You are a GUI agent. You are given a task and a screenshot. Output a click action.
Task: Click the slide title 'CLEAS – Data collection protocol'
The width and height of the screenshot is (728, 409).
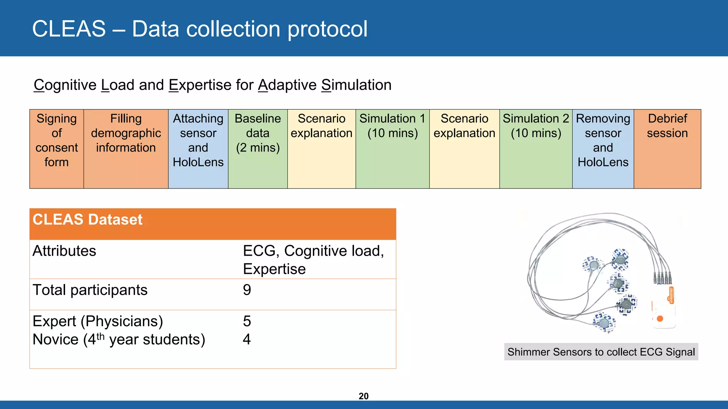pyautogui.click(x=200, y=29)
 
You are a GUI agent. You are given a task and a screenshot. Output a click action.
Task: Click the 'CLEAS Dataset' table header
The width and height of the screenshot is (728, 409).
pyautogui.click(x=87, y=220)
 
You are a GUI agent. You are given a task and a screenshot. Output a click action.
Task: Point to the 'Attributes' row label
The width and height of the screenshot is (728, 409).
pyautogui.click(x=64, y=251)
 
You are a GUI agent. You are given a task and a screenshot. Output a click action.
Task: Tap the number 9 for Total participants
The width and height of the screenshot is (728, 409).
pyautogui.click(x=247, y=290)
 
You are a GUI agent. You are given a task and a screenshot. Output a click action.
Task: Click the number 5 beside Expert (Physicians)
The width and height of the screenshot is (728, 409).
pyautogui.click(x=247, y=321)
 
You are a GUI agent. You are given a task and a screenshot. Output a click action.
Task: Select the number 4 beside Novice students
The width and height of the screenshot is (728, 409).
pyautogui.click(x=247, y=339)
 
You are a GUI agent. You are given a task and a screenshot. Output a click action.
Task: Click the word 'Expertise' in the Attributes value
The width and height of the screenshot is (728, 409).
pyautogui.click(x=274, y=269)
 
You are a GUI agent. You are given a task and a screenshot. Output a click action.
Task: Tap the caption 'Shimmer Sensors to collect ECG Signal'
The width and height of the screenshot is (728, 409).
pyautogui.click(x=601, y=352)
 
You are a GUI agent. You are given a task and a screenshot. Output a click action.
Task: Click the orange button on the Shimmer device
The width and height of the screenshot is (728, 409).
pyautogui.click(x=660, y=318)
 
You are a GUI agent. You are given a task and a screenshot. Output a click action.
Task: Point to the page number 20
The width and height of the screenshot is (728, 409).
pyautogui.click(x=363, y=396)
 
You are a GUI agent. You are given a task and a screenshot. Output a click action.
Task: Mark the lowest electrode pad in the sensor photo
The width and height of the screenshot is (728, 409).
pyautogui.click(x=604, y=322)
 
